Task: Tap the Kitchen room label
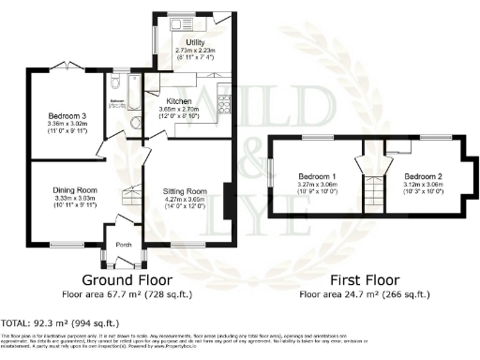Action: (x=179, y=101)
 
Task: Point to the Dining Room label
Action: (x=75, y=190)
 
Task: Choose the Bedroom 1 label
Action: (x=317, y=176)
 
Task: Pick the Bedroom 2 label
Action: (x=423, y=176)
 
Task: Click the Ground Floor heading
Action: (x=127, y=280)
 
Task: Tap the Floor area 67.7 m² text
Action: (x=127, y=293)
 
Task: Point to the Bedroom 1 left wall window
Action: (x=271, y=177)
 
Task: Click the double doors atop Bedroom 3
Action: (x=60, y=67)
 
